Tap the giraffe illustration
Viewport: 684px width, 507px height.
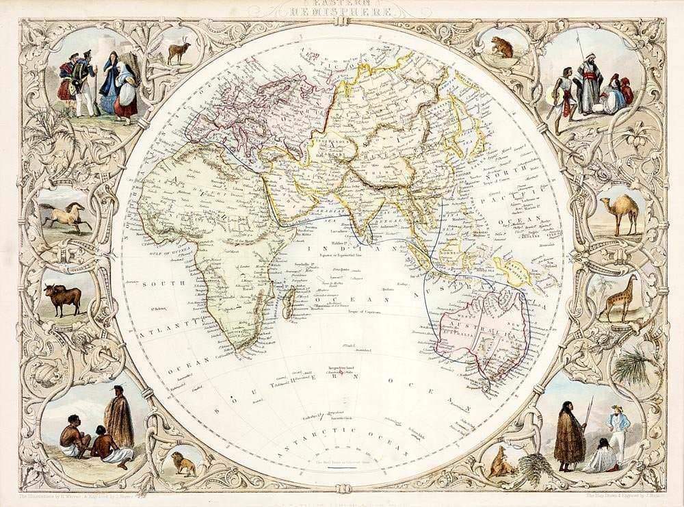pyautogui.click(x=620, y=300)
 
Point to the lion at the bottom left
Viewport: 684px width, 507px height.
pyautogui.click(x=183, y=463)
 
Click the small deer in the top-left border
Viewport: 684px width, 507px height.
pyautogui.click(x=179, y=52)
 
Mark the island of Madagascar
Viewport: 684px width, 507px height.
pyautogui.click(x=290, y=300)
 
